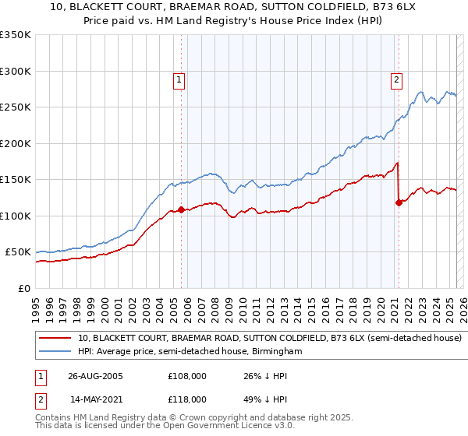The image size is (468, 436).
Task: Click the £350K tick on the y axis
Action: click(16, 35)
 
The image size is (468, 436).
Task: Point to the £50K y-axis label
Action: click(18, 252)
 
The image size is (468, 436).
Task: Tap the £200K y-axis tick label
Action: click(16, 143)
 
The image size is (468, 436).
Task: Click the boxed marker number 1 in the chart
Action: click(179, 79)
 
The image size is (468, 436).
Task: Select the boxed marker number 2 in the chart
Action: click(396, 79)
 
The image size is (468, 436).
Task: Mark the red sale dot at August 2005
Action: click(182, 209)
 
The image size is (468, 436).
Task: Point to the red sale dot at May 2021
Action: click(399, 202)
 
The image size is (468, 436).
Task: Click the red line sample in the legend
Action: click(55, 339)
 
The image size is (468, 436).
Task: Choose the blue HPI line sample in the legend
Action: click(55, 352)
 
